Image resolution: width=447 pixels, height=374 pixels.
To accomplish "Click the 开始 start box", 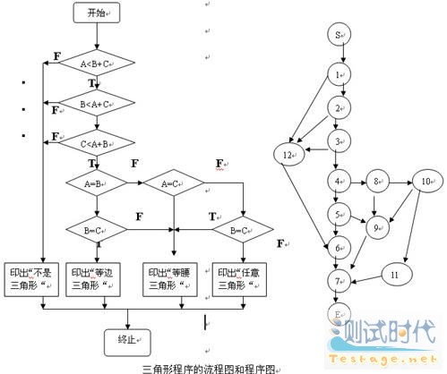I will [x=96, y=13].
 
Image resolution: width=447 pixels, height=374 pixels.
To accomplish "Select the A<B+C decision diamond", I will [x=96, y=64].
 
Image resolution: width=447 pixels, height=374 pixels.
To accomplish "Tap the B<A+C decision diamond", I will [x=96, y=105].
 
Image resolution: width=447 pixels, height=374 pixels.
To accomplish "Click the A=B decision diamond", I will [x=96, y=183].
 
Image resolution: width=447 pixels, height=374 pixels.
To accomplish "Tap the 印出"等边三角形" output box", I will [x=96, y=277].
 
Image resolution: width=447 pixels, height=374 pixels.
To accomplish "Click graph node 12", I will [x=288, y=154].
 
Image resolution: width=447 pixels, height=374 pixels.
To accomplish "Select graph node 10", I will [x=424, y=183].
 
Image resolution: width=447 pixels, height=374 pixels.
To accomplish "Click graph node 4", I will [x=338, y=183].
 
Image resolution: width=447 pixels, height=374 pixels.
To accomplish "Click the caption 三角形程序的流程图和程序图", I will [x=211, y=368].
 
